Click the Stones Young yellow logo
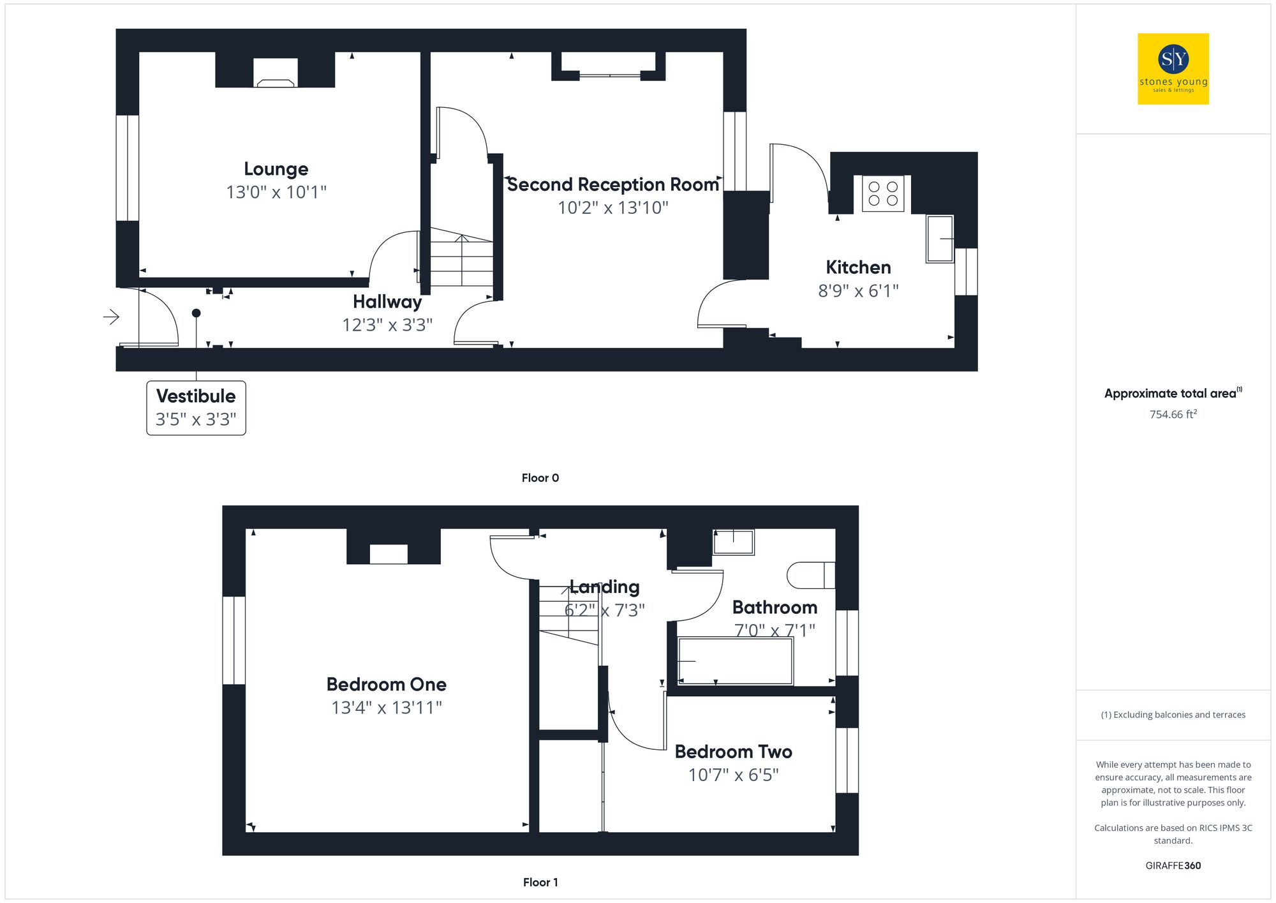click(1173, 69)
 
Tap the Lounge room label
click(276, 169)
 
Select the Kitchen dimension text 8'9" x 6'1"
click(858, 291)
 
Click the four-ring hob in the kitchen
click(883, 193)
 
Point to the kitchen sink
click(940, 239)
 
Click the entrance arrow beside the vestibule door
click(112, 317)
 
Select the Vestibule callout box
click(196, 408)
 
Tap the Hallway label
click(387, 302)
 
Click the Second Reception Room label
click(612, 185)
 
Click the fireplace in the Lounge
click(276, 73)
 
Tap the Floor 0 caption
click(540, 478)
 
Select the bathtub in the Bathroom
click(735, 661)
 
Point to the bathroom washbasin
click(733, 542)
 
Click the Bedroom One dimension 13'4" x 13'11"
click(387, 708)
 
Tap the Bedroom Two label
click(733, 752)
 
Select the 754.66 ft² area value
click(1173, 415)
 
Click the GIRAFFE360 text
click(1173, 866)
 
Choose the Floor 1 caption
click(540, 883)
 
